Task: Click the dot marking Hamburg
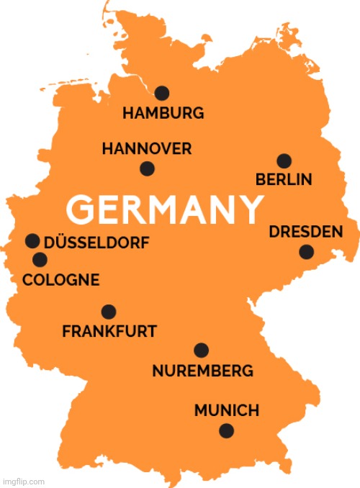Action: coord(162,92)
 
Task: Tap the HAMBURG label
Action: coord(163,113)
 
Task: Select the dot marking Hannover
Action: coord(147,168)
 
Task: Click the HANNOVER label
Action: coord(147,149)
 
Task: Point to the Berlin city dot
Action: coord(284,161)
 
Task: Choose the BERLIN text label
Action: coord(284,179)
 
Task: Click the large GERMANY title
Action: coord(165,209)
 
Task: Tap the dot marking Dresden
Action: coord(306,251)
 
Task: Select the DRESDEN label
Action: coord(305,232)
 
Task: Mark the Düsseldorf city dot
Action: coord(32,240)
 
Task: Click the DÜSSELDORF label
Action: coord(97,243)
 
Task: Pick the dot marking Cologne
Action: coord(40,259)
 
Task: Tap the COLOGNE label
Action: coord(61,280)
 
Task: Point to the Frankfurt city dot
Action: coord(109,312)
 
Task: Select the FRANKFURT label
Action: coord(109,332)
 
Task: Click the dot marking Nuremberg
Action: coord(202,350)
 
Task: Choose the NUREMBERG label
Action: coord(202,371)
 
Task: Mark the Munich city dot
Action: coord(227,430)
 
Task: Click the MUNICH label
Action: coord(227,411)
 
